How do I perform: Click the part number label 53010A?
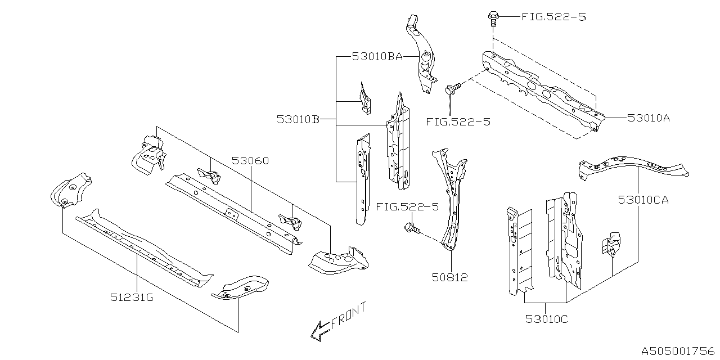coord(649,118)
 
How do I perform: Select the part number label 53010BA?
coord(377,56)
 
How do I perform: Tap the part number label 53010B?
coord(298,120)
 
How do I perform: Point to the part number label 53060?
coord(250,161)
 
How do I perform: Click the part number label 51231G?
coord(132,298)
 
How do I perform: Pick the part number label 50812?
coord(449,277)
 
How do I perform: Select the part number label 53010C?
coord(546,319)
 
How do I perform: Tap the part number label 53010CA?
coord(643,199)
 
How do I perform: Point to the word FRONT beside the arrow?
coord(349,316)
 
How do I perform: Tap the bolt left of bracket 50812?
coord(411,228)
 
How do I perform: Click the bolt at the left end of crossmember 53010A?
coord(452,88)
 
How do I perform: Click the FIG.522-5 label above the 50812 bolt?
coord(408,207)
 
